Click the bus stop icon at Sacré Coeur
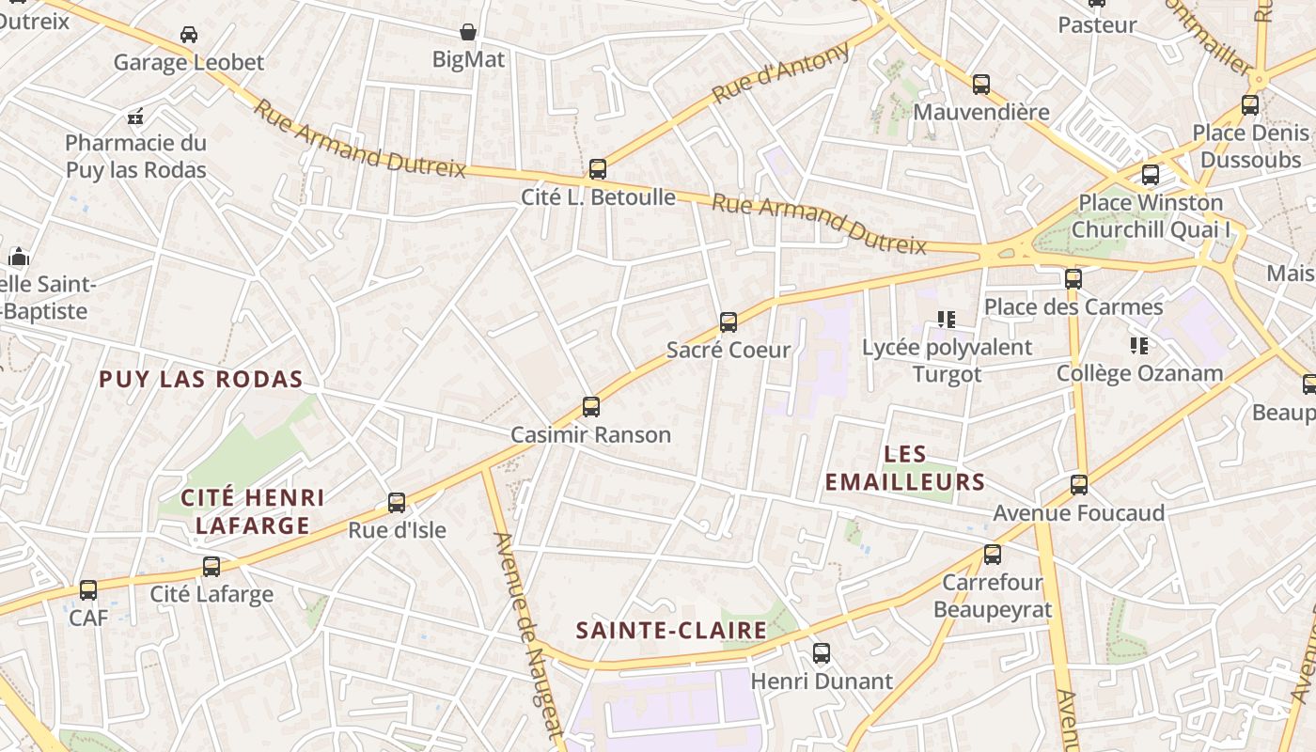728,322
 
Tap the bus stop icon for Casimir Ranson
590,407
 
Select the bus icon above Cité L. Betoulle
597,169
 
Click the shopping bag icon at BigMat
468,32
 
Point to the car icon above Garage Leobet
188,35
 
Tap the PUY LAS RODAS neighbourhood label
201,380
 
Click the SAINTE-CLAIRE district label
671,630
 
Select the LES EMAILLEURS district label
905,468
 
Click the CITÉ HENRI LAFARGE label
253,511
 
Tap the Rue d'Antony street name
781,73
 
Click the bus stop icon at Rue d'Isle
397,503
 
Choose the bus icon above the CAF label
87,590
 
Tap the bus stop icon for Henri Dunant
822,653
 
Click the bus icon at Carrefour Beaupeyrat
993,555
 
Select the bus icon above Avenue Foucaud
1079,485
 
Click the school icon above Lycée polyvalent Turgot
946,320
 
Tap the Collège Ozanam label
1139,373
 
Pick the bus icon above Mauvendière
981,85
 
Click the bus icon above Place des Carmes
1073,278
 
